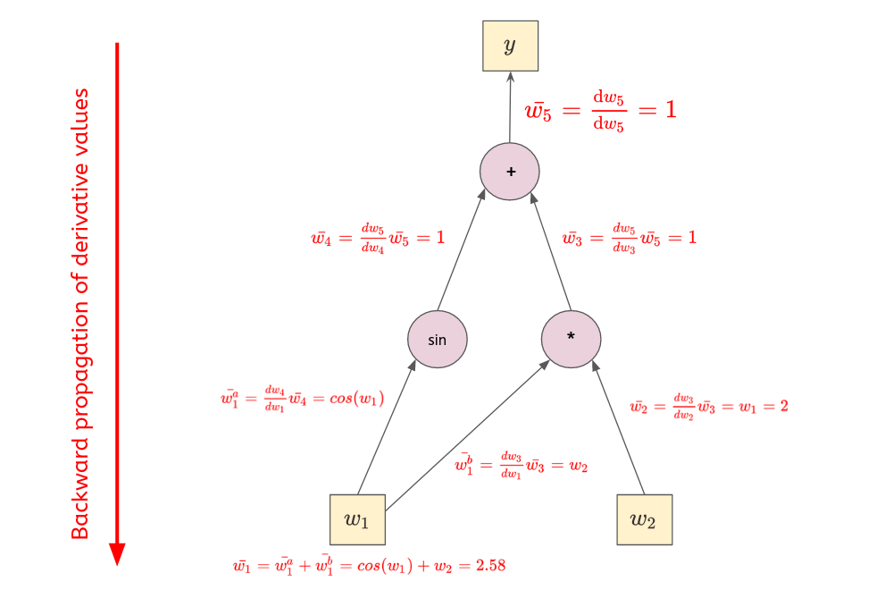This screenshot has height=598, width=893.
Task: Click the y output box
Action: coord(510,46)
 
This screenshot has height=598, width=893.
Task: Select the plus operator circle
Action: coord(510,171)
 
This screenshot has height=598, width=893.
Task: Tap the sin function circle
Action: coord(438,340)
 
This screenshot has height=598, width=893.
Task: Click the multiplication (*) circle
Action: coord(572,340)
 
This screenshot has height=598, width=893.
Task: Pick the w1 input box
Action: coord(358,519)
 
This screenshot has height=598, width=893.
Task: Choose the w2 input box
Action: coord(644,519)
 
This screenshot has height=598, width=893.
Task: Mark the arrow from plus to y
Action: coord(510,107)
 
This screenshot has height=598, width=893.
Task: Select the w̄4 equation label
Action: coord(376,239)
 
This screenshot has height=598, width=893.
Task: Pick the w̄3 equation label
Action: coord(629,239)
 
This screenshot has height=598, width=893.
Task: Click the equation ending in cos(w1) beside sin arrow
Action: coord(302,399)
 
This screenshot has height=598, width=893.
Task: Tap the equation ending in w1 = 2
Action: coord(708,406)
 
